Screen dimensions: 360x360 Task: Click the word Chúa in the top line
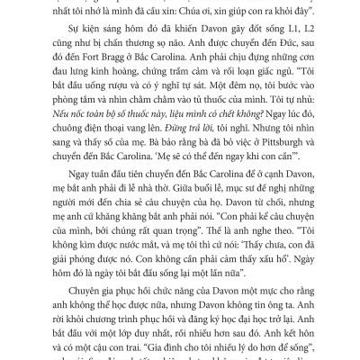pos(210,12)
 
